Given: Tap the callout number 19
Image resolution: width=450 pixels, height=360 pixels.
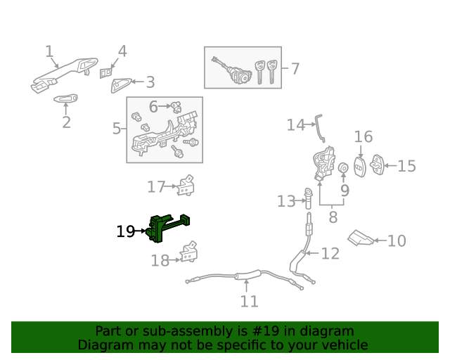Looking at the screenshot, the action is coord(126,231).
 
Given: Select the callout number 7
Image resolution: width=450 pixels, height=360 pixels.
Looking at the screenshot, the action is coord(295,69).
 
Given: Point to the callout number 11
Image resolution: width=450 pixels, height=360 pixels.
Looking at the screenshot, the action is coord(249,302).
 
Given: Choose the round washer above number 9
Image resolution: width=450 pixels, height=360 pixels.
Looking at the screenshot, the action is coord(343,167).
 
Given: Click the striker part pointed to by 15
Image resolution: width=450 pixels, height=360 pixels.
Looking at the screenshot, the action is coord(377,165).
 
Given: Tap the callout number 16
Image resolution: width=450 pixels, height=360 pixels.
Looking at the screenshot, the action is coord(364,136).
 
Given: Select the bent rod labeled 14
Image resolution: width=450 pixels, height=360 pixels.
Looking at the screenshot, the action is coord(320,128).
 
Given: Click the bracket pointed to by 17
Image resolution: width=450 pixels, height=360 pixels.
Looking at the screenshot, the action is coord(186,186).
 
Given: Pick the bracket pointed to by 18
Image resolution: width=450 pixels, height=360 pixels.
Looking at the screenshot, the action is coord(188,252).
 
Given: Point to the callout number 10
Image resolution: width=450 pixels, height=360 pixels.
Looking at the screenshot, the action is coord(397,241).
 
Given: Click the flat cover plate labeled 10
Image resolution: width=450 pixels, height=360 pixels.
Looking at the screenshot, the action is coord(361,238).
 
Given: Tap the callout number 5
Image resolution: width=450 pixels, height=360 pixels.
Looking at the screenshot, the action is coord(116,129).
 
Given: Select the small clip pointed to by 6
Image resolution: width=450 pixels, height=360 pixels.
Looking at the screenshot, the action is coord(176,107).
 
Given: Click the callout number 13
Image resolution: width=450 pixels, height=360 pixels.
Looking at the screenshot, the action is coord(286,201).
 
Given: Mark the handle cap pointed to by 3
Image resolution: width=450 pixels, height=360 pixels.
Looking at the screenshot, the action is coord(120,86).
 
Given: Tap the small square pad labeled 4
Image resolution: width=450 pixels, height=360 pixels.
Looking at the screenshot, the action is coord(105,73).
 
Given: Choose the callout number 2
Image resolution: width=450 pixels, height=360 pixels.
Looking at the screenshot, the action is coord(66,122).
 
